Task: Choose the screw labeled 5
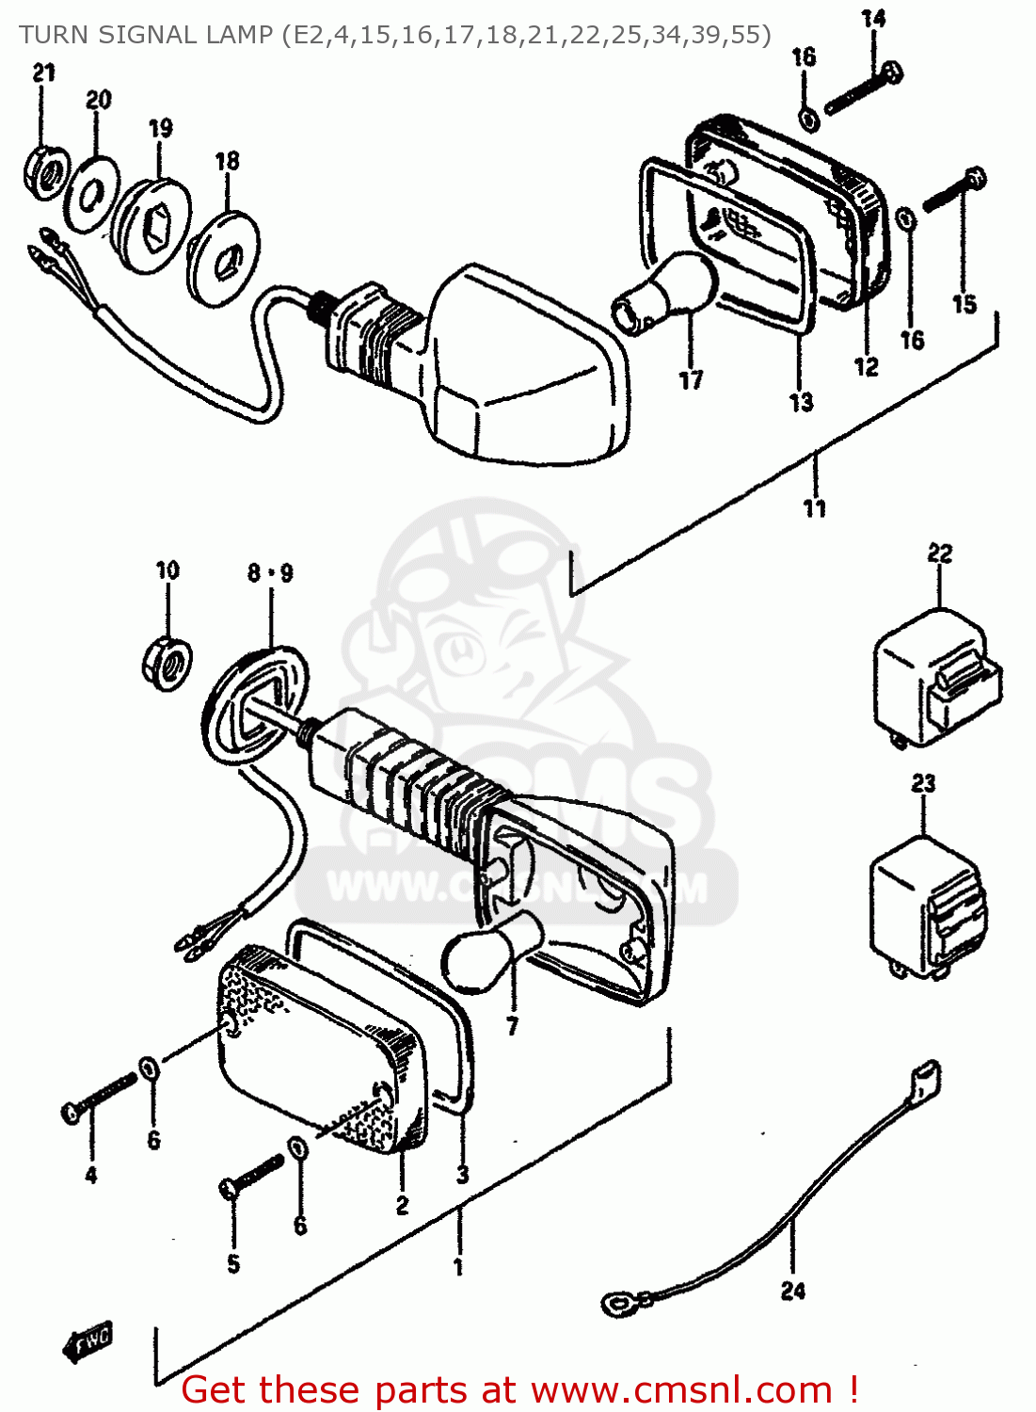point(252,1176)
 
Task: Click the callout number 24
point(793,1291)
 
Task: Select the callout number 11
point(815,508)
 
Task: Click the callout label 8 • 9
point(270,572)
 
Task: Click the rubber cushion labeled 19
point(152,226)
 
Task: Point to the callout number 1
point(458,1267)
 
